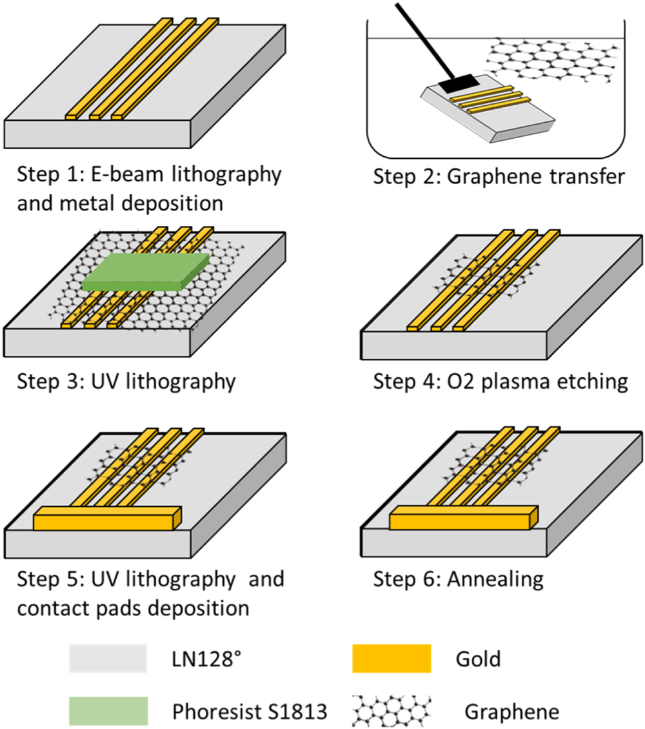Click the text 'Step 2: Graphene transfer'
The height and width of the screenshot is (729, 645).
[499, 176]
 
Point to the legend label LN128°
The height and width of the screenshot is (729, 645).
[204, 659]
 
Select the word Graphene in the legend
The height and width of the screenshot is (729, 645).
[511, 712]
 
